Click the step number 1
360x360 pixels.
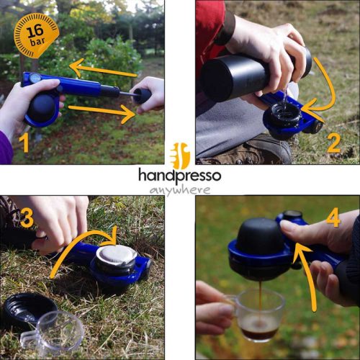pos(24,141)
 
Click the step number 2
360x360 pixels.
pos(333,141)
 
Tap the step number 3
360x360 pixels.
pos(27,217)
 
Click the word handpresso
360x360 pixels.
pos(180,175)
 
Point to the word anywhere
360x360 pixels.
pos(180,190)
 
